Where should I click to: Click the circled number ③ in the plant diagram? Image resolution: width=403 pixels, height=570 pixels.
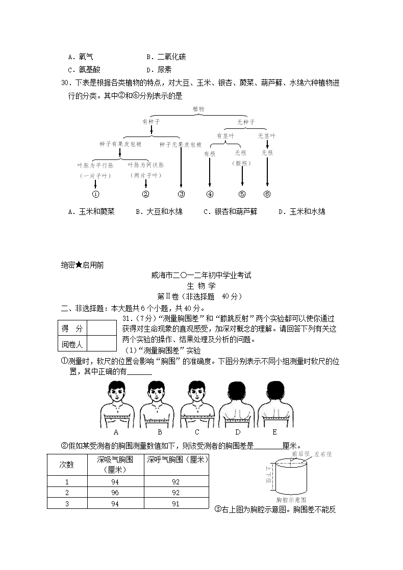(x=181, y=194)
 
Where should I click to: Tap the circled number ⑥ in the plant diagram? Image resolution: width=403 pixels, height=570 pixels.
(x=267, y=194)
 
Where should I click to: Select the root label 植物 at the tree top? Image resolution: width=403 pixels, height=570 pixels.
(x=198, y=109)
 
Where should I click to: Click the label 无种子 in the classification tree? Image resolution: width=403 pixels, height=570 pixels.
(x=246, y=122)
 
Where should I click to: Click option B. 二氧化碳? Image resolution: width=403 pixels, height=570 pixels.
(x=166, y=57)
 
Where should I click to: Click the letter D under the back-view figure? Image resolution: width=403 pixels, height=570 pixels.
(x=238, y=432)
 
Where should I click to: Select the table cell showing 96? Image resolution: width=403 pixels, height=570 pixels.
(x=115, y=493)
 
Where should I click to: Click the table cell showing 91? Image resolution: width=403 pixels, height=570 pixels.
(x=176, y=504)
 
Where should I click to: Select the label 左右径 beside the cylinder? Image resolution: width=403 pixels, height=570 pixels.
(x=323, y=454)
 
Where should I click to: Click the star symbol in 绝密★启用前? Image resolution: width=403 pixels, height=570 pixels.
(x=79, y=265)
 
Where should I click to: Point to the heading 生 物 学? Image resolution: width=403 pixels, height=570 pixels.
(x=202, y=286)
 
